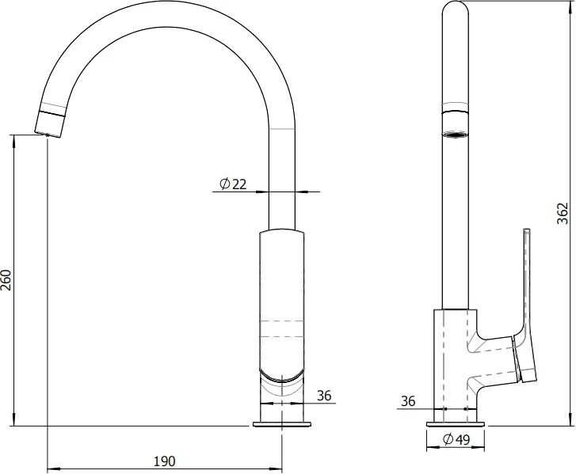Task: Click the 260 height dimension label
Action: tap(6, 280)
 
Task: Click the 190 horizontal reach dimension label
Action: tap(165, 461)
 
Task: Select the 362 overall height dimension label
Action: tap(563, 213)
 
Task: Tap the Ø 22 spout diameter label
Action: tap(233, 184)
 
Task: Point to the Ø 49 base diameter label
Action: tap(456, 438)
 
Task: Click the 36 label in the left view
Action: tap(324, 396)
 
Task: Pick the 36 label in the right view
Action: tap(408, 401)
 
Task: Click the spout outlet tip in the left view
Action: tap(48, 135)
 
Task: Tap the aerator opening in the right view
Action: tap(456, 135)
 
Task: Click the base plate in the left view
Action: tap(282, 424)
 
